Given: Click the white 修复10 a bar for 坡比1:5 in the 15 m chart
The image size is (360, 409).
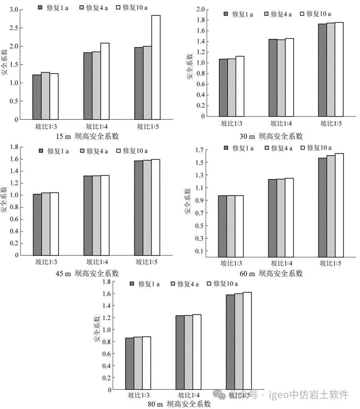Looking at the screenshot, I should (x=156, y=67).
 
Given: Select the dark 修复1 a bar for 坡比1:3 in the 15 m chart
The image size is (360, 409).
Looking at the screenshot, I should (x=37, y=97).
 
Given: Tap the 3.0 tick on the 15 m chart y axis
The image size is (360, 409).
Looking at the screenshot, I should (x=14, y=10).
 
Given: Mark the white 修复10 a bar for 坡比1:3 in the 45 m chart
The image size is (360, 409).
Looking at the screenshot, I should (x=54, y=224).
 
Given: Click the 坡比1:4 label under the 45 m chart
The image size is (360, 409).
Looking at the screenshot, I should (x=96, y=262).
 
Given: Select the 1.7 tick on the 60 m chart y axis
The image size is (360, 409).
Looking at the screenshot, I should (x=199, y=150).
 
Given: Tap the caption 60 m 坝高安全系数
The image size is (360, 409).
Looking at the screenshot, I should (x=271, y=274).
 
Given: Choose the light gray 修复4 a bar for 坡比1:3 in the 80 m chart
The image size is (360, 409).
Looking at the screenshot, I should (x=138, y=363).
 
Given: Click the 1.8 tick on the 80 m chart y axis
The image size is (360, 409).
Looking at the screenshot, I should (x=107, y=282).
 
